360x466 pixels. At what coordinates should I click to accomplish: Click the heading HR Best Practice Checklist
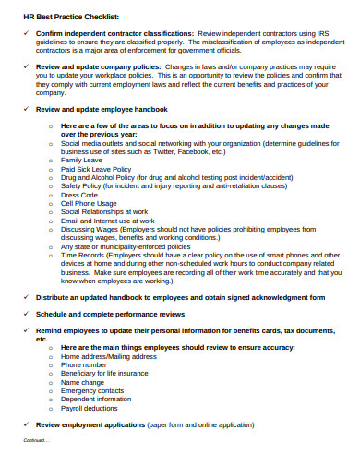[59, 17]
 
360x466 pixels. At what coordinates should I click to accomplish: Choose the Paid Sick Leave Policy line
[96, 169]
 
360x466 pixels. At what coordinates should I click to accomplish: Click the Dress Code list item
[80, 194]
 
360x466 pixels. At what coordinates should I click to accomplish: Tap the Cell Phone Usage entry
[89, 203]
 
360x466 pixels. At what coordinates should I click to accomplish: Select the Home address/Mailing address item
[107, 356]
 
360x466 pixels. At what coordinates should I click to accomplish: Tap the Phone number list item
[85, 364]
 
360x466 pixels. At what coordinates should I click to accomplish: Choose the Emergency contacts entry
[92, 390]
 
